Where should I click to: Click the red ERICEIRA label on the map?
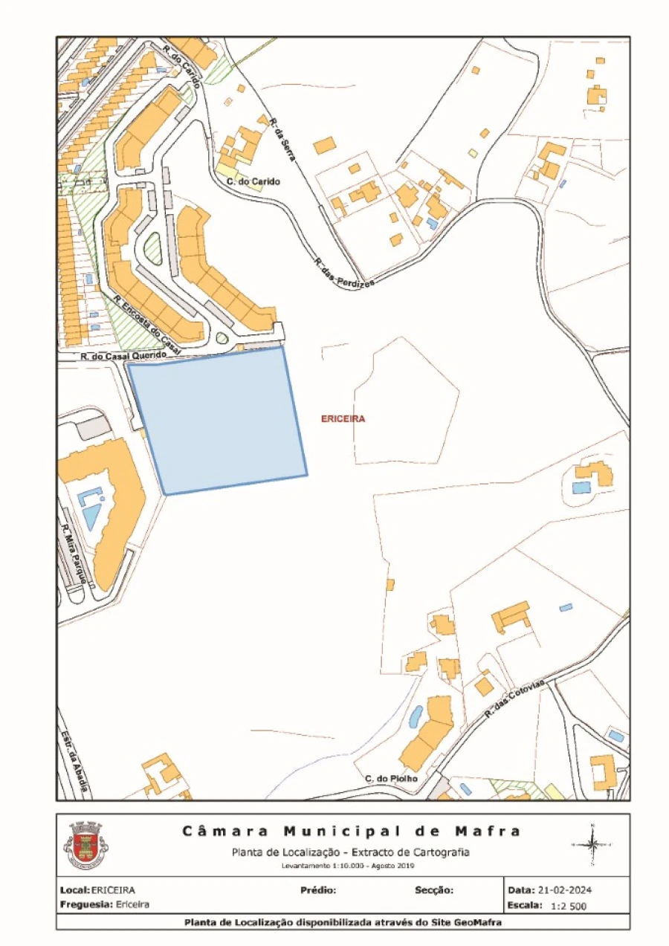click(x=343, y=419)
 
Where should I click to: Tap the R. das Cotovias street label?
click(x=515, y=697)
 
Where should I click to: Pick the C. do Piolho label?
click(x=391, y=778)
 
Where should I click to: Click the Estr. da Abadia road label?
click(x=74, y=761)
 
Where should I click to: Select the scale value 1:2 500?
click(x=569, y=907)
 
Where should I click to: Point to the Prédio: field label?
click(x=319, y=890)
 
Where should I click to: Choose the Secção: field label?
click(x=433, y=890)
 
